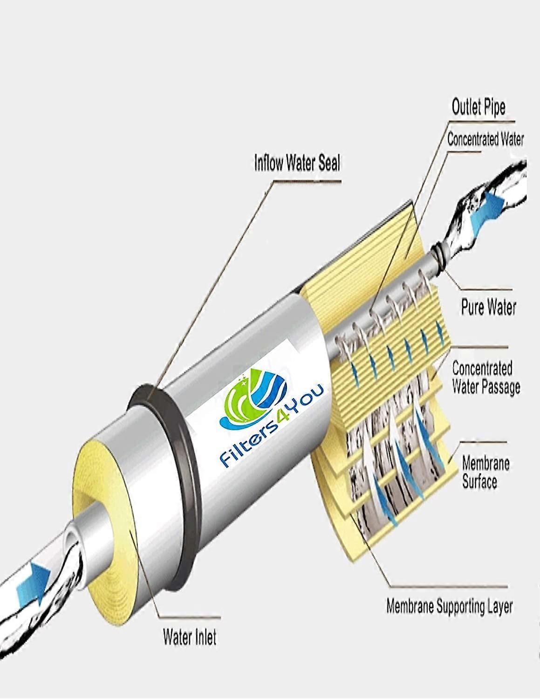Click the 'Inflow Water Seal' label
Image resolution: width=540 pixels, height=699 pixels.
[x=297, y=163]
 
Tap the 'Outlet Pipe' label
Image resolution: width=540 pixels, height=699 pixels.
[x=478, y=107]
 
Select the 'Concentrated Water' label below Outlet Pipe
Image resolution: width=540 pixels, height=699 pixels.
[x=485, y=140]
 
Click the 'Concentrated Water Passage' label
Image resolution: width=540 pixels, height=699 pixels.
[x=486, y=377]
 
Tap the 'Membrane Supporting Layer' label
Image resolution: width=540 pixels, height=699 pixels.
[x=449, y=607]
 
